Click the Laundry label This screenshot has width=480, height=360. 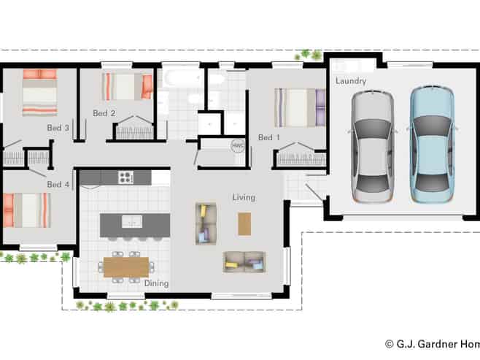[x=351, y=81]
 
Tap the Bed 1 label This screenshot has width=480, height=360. [x=268, y=137]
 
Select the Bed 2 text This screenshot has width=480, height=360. [x=104, y=113]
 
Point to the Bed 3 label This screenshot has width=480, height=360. [x=58, y=128]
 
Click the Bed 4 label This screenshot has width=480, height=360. [x=58, y=184]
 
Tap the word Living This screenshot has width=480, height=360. [x=244, y=198]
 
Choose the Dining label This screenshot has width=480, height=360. [x=156, y=283]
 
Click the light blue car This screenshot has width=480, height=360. [x=432, y=145]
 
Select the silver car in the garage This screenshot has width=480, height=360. [x=372, y=147]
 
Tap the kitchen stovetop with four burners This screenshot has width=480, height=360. [x=125, y=177]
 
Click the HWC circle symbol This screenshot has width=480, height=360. [x=238, y=146]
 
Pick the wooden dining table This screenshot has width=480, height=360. [x=126, y=267]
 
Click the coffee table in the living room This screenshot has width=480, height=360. [x=244, y=224]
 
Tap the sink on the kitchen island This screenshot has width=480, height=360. [x=132, y=221]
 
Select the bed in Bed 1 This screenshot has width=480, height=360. [x=300, y=108]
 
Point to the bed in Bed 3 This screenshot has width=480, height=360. [x=40, y=93]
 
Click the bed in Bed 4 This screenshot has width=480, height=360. [x=27, y=210]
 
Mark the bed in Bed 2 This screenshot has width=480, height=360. [x=128, y=86]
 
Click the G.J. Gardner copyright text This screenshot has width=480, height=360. [x=433, y=344]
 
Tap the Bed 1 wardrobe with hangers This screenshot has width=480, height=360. [x=301, y=156]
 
